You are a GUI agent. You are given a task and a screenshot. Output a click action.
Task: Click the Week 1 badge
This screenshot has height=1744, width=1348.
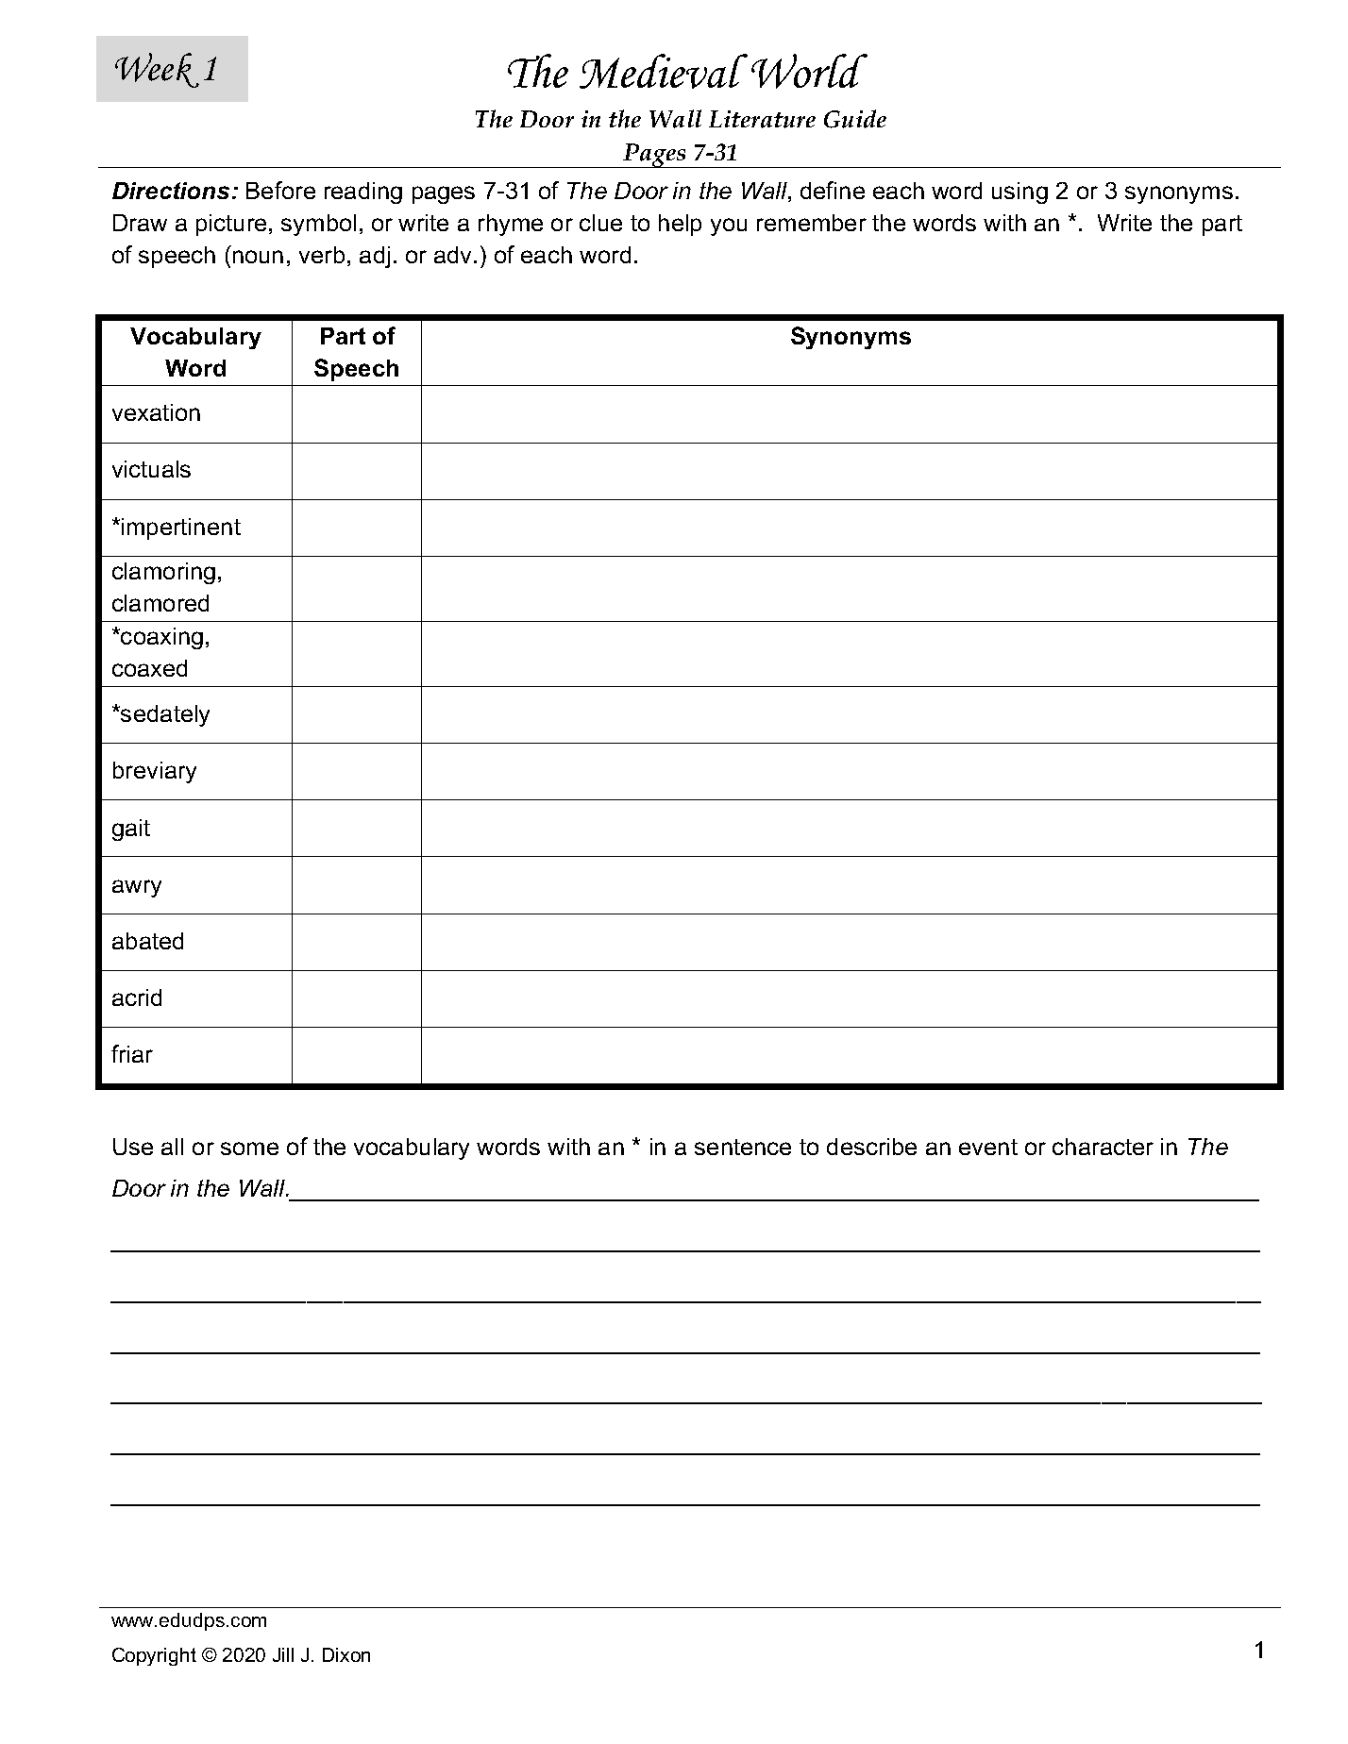pyautogui.click(x=171, y=69)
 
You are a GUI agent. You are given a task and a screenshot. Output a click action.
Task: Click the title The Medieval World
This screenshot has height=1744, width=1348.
pyautogui.click(x=683, y=74)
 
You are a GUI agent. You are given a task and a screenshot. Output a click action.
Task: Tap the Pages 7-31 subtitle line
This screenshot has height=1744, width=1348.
pyautogui.click(x=680, y=152)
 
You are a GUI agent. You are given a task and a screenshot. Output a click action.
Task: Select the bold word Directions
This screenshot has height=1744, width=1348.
pyautogui.click(x=173, y=192)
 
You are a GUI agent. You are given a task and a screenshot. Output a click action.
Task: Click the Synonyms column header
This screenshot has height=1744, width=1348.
pyautogui.click(x=850, y=337)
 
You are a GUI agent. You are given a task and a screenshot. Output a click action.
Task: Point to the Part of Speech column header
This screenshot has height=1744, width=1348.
pyautogui.click(x=356, y=352)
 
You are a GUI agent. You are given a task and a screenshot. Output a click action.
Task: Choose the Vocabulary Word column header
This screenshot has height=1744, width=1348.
pyautogui.click(x=195, y=352)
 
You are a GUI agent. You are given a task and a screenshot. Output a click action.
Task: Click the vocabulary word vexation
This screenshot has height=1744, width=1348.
pyautogui.click(x=156, y=413)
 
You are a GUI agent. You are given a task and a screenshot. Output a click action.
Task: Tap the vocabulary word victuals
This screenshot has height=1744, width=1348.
pyautogui.click(x=151, y=470)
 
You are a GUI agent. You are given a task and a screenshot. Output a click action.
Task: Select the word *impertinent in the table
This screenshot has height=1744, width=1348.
pyautogui.click(x=176, y=527)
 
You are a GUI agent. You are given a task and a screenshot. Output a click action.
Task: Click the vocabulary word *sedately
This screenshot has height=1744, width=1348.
pyautogui.click(x=160, y=714)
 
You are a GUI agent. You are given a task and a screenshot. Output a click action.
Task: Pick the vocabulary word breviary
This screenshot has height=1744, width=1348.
pyautogui.click(x=154, y=771)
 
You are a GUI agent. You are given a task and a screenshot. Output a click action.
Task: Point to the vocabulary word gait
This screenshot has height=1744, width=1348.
pyautogui.click(x=131, y=829)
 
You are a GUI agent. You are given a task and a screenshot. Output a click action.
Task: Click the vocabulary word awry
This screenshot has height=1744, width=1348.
pyautogui.click(x=137, y=885)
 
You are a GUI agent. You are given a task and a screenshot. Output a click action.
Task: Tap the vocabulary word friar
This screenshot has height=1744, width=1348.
pyautogui.click(x=132, y=1055)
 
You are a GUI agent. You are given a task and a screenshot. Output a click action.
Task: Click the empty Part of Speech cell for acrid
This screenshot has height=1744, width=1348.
pyautogui.click(x=356, y=998)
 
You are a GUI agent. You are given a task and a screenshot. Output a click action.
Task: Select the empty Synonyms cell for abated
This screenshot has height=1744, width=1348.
pyautogui.click(x=850, y=942)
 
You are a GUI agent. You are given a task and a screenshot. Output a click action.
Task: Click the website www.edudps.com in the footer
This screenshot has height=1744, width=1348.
pyautogui.click(x=189, y=1620)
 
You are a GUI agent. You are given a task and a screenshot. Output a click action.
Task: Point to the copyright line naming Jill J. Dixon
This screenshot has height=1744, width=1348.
pyautogui.click(x=241, y=1655)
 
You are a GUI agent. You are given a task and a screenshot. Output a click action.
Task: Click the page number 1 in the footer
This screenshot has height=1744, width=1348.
pyautogui.click(x=1259, y=1651)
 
